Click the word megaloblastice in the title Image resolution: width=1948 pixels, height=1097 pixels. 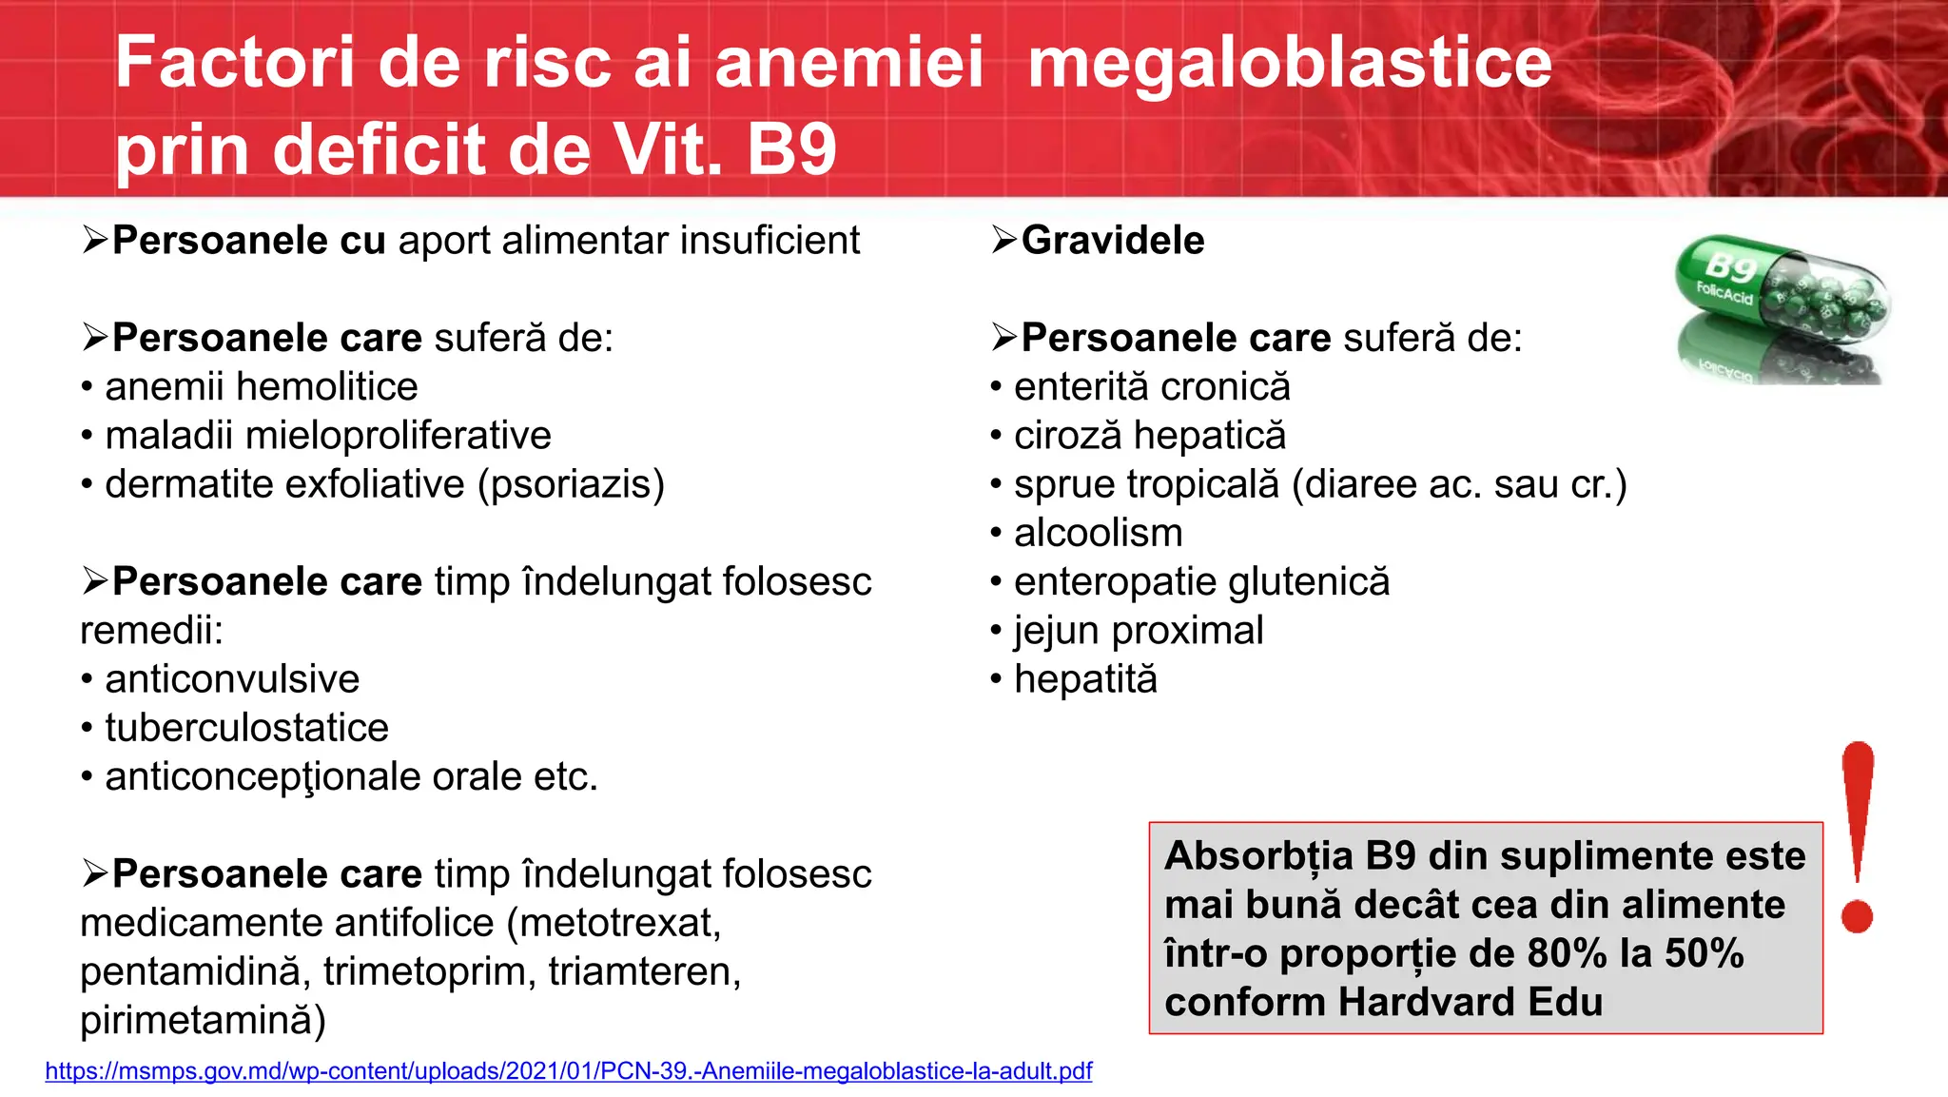1289,63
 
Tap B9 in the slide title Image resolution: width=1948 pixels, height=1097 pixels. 791,150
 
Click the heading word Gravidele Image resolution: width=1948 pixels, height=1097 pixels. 1112,240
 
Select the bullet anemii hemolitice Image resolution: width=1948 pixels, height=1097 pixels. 261,387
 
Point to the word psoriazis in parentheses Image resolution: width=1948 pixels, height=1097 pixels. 571,485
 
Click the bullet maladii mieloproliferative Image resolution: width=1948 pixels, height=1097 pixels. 327,436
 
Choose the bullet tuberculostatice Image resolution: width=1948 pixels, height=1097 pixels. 246,728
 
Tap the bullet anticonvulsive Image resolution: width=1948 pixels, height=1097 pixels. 232,679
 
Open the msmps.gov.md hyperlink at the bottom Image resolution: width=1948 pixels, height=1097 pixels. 568,1071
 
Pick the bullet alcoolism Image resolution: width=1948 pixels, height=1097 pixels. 1098,533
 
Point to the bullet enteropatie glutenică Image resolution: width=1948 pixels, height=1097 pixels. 1201,581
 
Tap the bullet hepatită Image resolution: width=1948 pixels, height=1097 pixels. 1085,679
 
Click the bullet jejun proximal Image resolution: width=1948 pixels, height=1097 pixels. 1139,631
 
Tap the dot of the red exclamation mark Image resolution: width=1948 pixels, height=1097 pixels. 1857,916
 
